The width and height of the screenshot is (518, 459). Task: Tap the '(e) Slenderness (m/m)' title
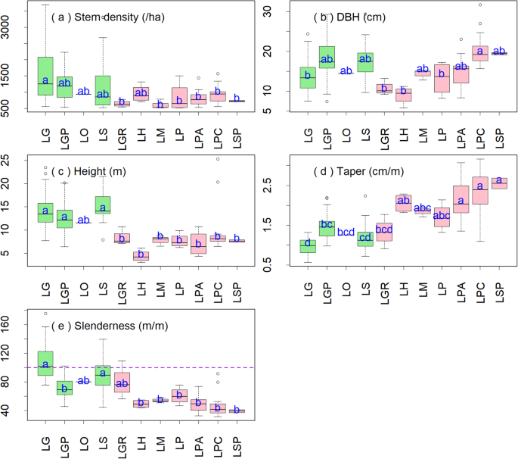point(117,326)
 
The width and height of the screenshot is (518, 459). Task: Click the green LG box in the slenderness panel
point(45,363)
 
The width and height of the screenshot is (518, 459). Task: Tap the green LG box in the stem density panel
point(45,76)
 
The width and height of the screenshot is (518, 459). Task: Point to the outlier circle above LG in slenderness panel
point(45,313)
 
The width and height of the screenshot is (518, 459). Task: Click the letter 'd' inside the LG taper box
point(307,243)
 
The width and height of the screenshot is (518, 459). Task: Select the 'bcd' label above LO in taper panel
point(346,233)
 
